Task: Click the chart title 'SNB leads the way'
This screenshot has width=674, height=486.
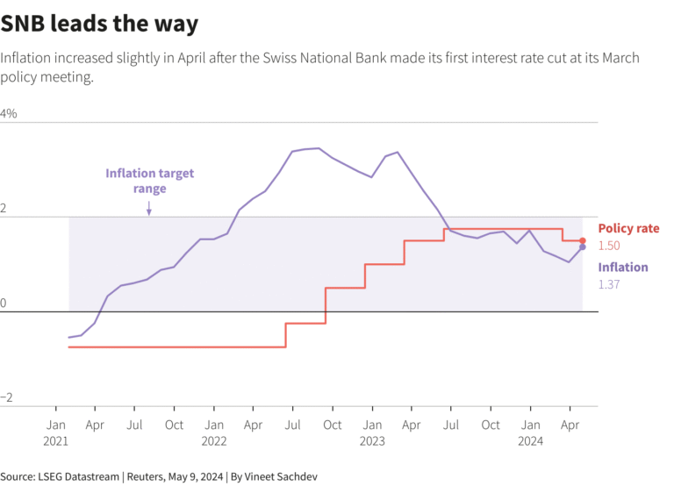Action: pyautogui.click(x=99, y=24)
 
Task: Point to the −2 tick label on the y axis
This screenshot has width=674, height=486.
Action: pyautogui.click(x=7, y=397)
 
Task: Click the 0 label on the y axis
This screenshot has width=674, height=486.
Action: pyautogui.click(x=4, y=304)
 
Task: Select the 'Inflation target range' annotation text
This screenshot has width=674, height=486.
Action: pyautogui.click(x=149, y=181)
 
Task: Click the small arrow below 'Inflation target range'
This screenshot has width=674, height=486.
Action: pyautogui.click(x=149, y=208)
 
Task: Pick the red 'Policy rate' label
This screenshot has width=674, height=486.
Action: pyautogui.click(x=628, y=228)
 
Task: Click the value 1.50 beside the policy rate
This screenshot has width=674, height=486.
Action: pyautogui.click(x=609, y=246)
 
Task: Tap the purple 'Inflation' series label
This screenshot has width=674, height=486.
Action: pyautogui.click(x=623, y=268)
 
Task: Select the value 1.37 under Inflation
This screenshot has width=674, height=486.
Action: pyautogui.click(x=609, y=285)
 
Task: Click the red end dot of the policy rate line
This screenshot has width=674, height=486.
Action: pyautogui.click(x=583, y=240)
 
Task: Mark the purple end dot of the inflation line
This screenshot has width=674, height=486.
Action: pyautogui.click(x=583, y=247)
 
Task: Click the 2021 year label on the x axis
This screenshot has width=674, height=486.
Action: pyautogui.click(x=56, y=442)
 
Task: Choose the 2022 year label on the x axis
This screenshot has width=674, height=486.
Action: pyautogui.click(x=214, y=442)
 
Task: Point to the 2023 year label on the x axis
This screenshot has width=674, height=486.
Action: pyautogui.click(x=372, y=442)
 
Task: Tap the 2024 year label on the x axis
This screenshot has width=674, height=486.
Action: pyautogui.click(x=530, y=442)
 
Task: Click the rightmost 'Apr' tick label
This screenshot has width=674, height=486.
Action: pyautogui.click(x=570, y=425)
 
